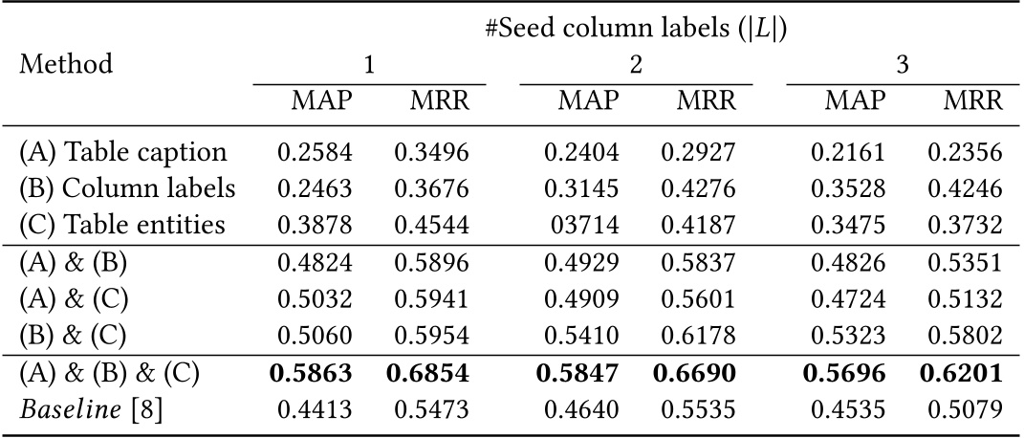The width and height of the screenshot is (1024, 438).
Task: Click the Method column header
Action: tap(66, 65)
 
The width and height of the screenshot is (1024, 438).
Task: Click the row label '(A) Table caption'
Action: tap(123, 152)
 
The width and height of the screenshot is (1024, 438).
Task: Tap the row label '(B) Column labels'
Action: tap(126, 188)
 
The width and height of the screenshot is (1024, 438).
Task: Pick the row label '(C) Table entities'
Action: tap(122, 225)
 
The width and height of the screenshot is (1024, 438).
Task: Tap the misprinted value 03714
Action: tap(581, 226)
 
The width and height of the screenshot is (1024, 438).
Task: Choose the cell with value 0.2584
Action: tap(312, 153)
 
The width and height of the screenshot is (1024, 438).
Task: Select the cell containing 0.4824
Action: tap(312, 263)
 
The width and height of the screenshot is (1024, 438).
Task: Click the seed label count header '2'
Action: tap(636, 65)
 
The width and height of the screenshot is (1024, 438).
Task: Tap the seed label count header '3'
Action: tap(902, 65)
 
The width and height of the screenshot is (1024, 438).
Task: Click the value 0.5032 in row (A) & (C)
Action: tap(312, 299)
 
